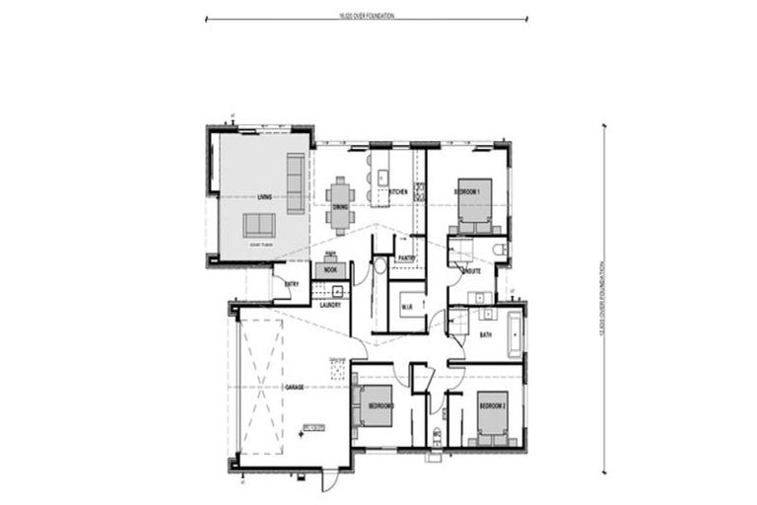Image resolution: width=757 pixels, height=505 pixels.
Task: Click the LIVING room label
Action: point(264,198)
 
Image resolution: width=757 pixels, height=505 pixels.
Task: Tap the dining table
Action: point(340,203)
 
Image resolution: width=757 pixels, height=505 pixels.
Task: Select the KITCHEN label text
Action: point(399,190)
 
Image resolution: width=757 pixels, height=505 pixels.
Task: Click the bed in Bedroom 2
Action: point(493,421)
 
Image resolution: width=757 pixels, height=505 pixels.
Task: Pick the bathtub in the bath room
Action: point(515,333)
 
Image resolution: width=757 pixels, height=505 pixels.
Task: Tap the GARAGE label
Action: point(294,387)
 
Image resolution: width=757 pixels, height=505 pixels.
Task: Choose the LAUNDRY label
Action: point(330,305)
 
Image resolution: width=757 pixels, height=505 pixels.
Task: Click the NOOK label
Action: point(330,268)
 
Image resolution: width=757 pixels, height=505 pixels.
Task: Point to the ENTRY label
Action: point(292,285)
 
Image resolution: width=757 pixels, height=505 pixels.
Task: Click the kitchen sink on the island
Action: point(382,178)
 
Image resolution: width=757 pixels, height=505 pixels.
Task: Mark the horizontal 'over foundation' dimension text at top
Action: point(367,16)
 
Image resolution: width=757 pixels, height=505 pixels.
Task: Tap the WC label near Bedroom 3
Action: point(436,433)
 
